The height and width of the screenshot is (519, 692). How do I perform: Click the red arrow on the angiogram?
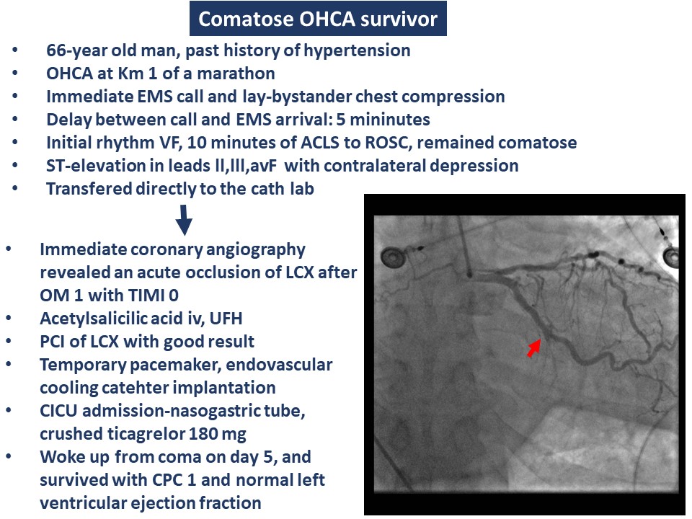534,347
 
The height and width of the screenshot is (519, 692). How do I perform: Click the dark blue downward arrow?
184,219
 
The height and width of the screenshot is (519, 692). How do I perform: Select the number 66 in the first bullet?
56,50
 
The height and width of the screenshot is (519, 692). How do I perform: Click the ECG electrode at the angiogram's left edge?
391,257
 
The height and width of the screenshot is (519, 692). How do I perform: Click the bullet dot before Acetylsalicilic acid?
9,318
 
